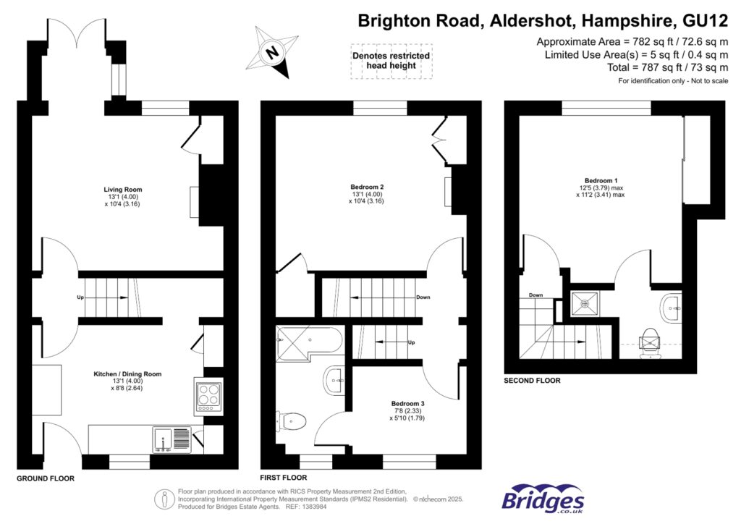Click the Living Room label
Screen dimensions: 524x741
pos(122,190)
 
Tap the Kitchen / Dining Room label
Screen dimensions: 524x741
pos(127,374)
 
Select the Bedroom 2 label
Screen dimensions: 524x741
pos(367,187)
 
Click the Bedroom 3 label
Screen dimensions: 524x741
pos(407,403)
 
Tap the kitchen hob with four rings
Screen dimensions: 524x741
pos(208,396)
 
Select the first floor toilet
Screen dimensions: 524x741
pos(292,420)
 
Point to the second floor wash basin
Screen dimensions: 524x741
pos(672,309)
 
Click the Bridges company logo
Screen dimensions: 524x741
pos(543,499)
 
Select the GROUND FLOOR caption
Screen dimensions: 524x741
pos(46,478)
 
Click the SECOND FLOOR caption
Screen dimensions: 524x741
pos(532,381)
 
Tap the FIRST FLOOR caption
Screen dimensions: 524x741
pos(283,478)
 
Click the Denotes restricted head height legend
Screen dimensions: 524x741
pos(391,61)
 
